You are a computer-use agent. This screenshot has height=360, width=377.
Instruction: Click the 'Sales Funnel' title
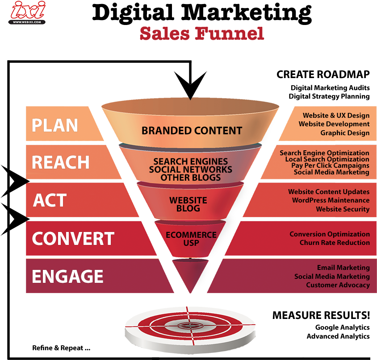(201, 34)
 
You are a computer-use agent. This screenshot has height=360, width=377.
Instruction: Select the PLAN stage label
(54, 125)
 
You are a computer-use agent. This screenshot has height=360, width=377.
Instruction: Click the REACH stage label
(61, 162)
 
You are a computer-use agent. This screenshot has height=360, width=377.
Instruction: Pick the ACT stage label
(50, 200)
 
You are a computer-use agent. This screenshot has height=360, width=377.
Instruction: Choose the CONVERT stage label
(73, 239)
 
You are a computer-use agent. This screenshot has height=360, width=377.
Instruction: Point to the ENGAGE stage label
(67, 277)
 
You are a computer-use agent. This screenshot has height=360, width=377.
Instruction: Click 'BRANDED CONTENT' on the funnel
(192, 131)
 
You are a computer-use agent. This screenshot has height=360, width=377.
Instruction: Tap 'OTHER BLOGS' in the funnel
(191, 178)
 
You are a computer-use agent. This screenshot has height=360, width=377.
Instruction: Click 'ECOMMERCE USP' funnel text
(191, 239)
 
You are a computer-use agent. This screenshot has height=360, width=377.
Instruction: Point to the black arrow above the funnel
(191, 85)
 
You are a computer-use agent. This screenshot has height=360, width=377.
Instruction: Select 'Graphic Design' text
(345, 132)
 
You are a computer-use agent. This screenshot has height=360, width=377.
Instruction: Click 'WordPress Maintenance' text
(331, 200)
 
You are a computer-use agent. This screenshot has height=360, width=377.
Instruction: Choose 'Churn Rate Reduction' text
(335, 243)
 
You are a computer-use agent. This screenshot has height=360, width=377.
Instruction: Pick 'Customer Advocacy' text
(338, 285)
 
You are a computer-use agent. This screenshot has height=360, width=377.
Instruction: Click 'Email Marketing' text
(343, 268)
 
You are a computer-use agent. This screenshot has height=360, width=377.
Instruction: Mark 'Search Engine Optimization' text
(324, 153)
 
